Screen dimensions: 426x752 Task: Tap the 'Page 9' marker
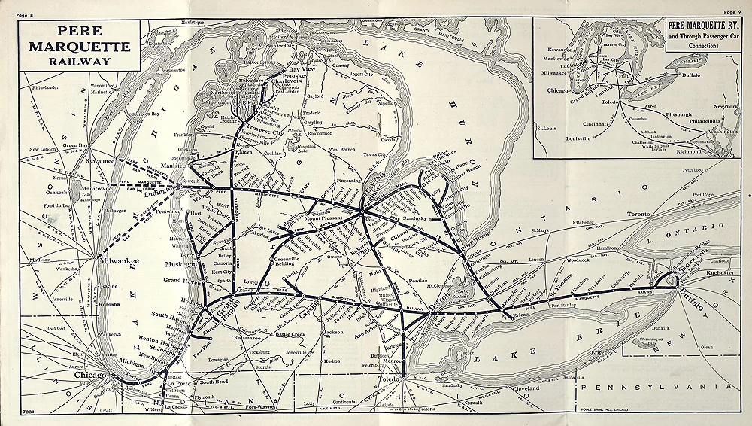tap(732, 13)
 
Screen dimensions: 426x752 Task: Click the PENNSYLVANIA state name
tap(662, 385)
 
